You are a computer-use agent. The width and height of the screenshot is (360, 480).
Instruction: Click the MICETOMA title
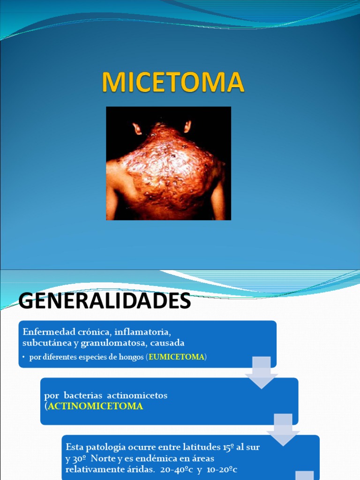click(x=173, y=82)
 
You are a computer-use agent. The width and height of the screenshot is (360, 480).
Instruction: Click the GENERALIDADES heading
click(x=105, y=301)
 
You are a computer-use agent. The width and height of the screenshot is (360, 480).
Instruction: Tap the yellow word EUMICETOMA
click(x=176, y=357)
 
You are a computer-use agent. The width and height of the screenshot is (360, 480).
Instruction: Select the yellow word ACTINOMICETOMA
click(x=95, y=406)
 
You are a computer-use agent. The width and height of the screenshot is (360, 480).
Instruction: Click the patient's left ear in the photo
click(x=137, y=128)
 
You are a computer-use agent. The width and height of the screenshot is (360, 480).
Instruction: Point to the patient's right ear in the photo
click(x=187, y=126)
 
